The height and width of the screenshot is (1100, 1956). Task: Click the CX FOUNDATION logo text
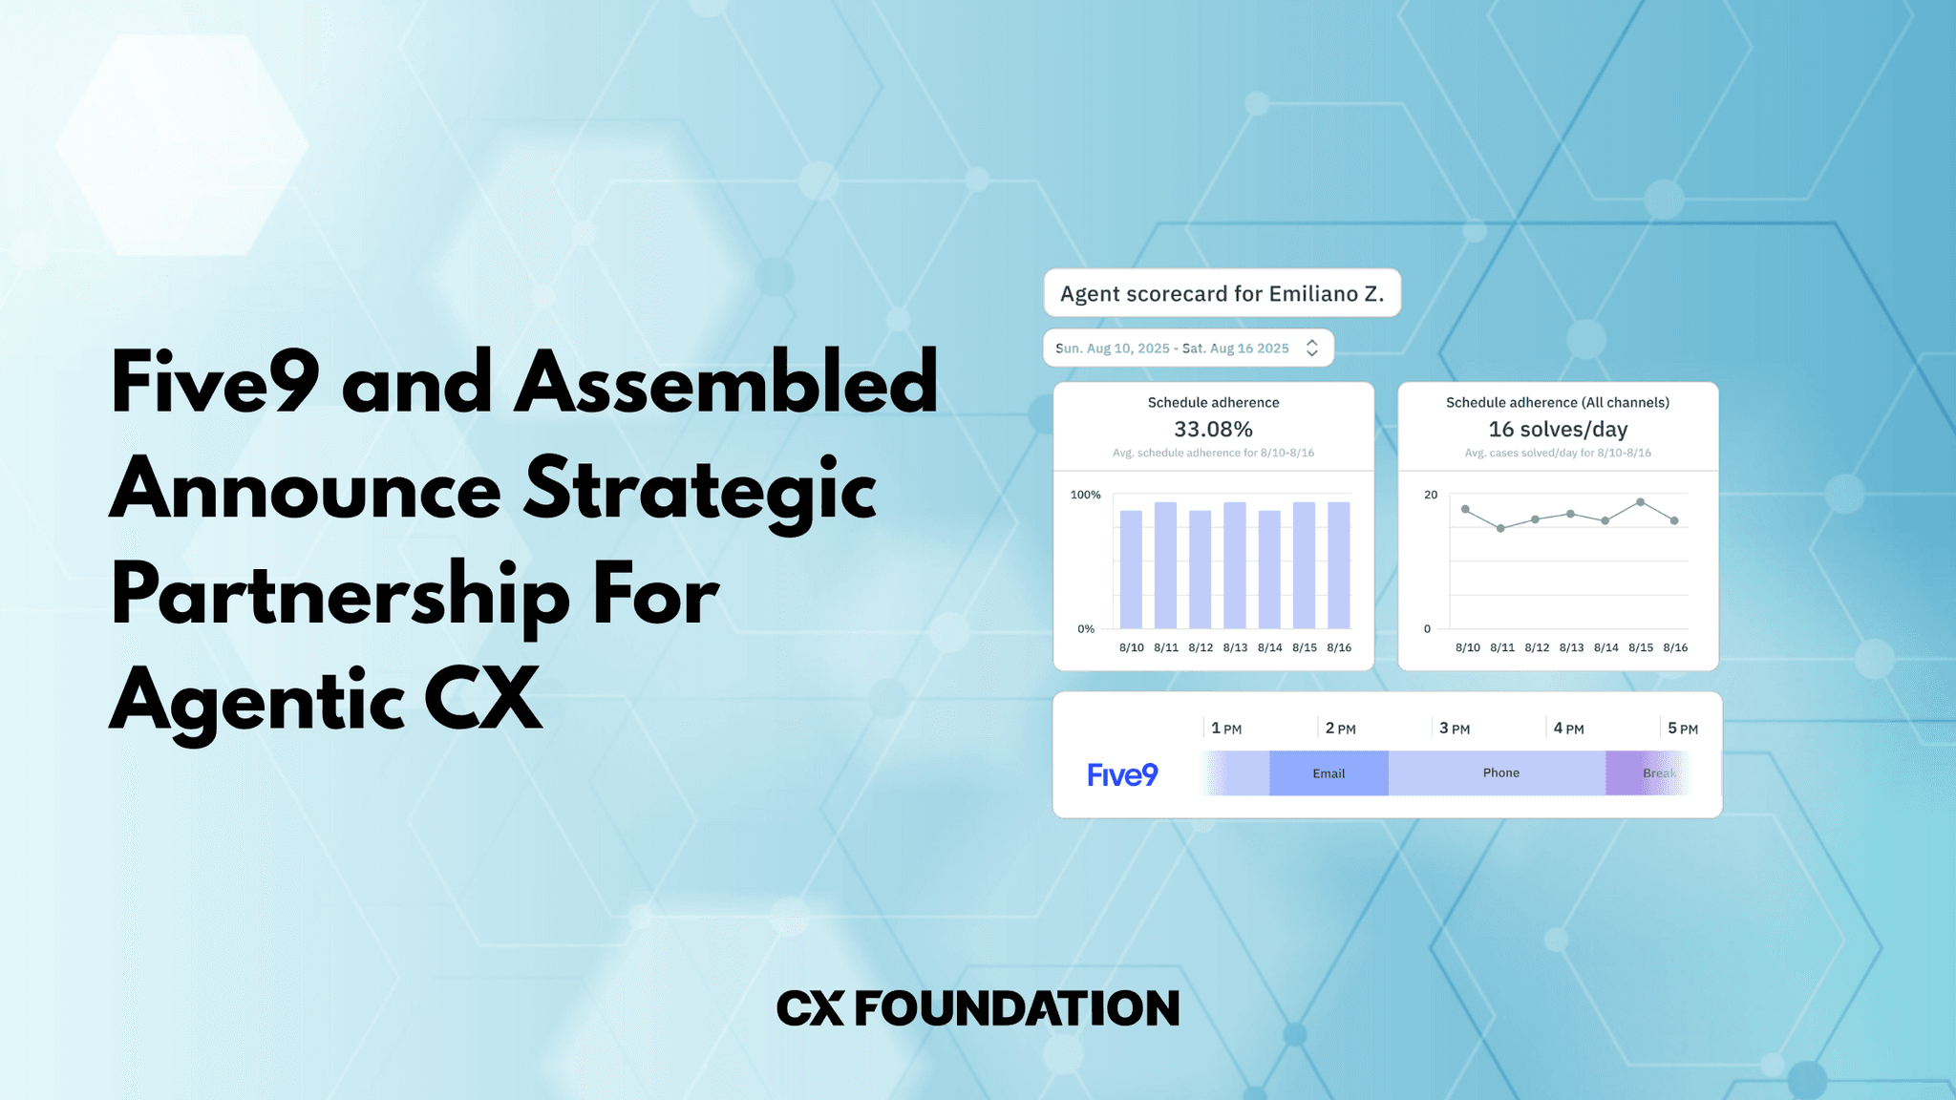click(977, 1008)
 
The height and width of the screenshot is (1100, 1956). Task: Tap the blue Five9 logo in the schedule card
click(1122, 774)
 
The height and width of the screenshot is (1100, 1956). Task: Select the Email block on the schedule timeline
click(1329, 773)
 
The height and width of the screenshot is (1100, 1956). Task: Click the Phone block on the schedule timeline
click(1500, 773)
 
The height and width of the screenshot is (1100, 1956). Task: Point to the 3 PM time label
click(1455, 729)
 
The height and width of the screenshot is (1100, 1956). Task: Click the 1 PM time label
click(1226, 729)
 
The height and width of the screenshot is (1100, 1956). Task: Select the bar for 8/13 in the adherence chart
click(1235, 565)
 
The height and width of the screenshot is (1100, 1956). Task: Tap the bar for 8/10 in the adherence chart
click(1131, 569)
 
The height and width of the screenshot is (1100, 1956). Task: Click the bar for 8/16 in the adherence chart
click(1339, 565)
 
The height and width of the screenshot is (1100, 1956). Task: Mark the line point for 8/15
click(1640, 502)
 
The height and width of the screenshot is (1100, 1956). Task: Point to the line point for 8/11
click(1500, 528)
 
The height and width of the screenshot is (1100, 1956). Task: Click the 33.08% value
click(1213, 430)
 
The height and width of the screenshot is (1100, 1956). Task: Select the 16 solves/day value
click(1558, 430)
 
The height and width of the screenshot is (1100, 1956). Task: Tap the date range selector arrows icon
click(1312, 349)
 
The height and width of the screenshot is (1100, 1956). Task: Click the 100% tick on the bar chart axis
click(1085, 495)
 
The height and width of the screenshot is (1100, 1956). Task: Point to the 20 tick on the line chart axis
click(1430, 495)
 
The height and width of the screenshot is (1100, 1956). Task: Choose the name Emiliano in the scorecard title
click(1313, 294)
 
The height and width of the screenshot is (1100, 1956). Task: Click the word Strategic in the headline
click(700, 490)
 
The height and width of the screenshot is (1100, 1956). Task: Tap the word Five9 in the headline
click(215, 383)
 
